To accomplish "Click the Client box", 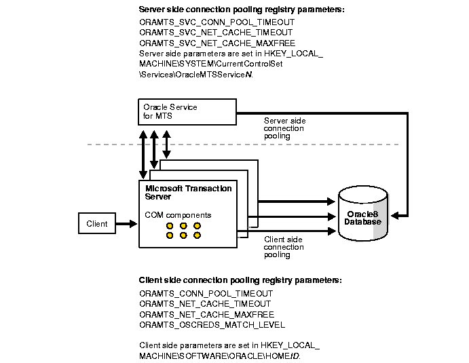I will (x=98, y=223).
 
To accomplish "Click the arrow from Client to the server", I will (x=126, y=223).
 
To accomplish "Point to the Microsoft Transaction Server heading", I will (x=188, y=192).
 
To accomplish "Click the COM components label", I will (x=178, y=215).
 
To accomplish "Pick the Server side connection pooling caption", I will (x=284, y=128).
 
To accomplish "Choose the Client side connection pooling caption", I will (x=284, y=247).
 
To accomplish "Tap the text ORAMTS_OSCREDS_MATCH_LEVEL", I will (x=211, y=324).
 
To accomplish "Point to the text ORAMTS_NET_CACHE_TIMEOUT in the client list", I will (x=205, y=304).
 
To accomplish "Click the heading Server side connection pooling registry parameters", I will (x=241, y=9).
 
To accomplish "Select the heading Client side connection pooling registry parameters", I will (x=240, y=280).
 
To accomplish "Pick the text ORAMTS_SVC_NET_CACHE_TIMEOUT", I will (x=216, y=32).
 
